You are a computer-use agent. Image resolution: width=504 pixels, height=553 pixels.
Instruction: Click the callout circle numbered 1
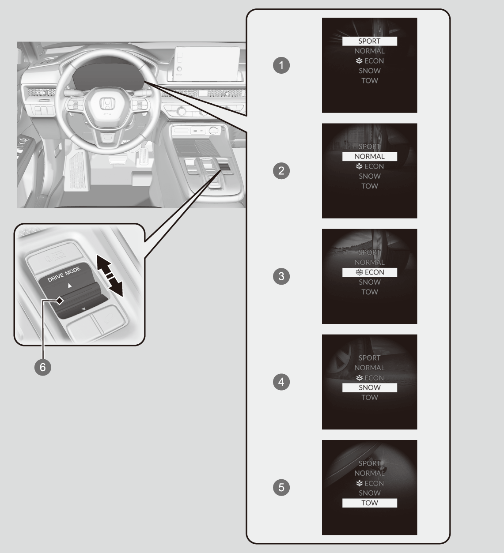coord(281,65)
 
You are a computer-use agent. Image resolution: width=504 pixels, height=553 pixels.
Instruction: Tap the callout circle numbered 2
coord(281,171)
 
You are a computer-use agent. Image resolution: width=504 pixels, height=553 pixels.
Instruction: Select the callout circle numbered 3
coord(281,276)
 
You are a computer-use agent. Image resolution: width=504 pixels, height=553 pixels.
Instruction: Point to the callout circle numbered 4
coord(281,382)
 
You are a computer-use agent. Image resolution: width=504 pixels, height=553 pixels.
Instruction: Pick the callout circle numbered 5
coord(281,487)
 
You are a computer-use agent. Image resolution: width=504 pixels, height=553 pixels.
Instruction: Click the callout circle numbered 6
coord(43,367)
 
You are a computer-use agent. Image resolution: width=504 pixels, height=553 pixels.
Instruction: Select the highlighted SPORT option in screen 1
coord(370,41)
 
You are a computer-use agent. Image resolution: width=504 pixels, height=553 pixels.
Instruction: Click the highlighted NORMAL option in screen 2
coord(370,156)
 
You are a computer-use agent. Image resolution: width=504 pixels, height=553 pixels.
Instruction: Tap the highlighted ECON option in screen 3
coord(370,272)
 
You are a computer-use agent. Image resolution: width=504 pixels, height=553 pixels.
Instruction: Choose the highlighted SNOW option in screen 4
coord(370,387)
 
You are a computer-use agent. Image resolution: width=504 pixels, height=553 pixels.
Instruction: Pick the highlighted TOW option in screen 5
coord(370,503)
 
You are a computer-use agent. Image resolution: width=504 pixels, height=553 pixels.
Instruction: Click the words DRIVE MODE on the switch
coord(64,275)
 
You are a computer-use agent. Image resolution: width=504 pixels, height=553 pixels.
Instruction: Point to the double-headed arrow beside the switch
coord(110,276)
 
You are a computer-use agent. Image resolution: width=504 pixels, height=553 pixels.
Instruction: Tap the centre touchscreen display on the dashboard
coord(207,64)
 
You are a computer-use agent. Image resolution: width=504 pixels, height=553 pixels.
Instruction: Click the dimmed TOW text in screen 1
coord(370,80)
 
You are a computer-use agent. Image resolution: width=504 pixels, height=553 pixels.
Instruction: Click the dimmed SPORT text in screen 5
coord(369,463)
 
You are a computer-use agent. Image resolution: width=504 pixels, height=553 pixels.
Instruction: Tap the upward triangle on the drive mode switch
coord(70,286)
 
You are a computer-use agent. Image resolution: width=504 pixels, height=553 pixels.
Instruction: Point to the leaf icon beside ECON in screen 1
coord(359,60)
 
